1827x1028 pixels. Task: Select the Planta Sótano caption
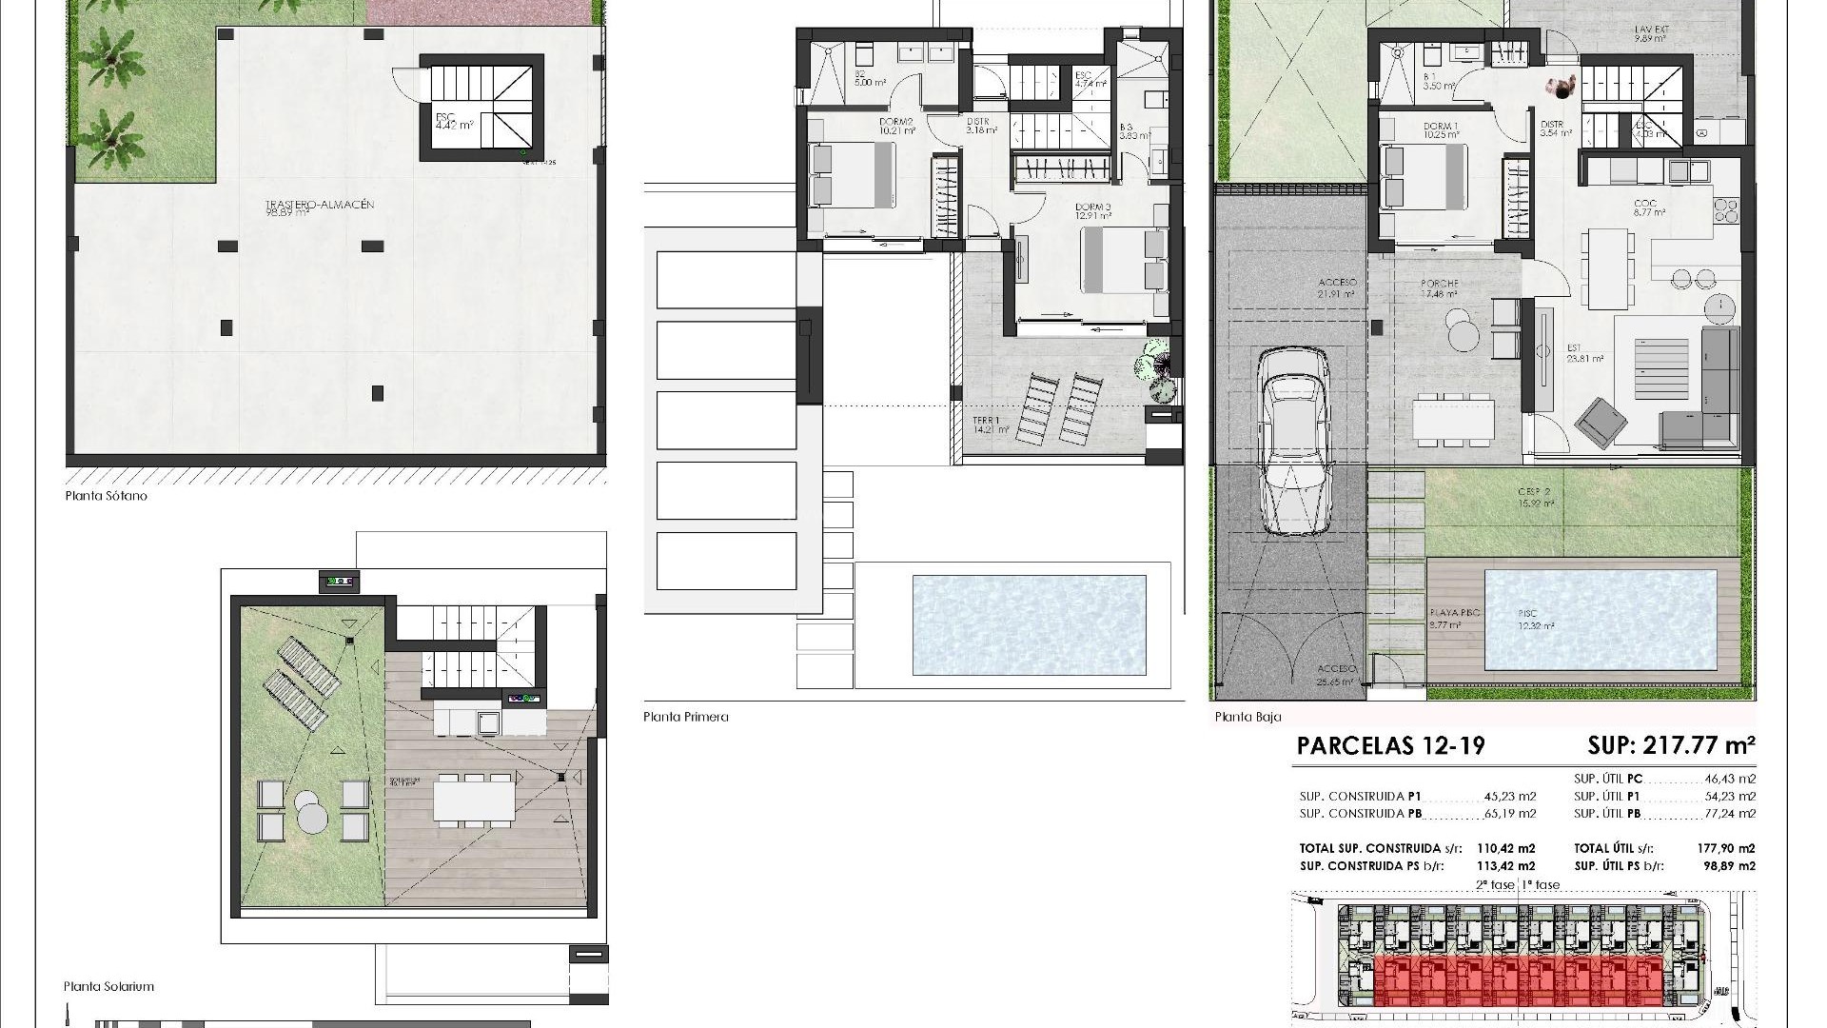click(x=106, y=496)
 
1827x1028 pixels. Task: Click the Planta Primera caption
click(x=685, y=717)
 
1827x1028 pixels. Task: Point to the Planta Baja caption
click(x=1247, y=717)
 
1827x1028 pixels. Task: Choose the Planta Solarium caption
click(x=108, y=986)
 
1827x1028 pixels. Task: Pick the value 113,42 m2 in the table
click(x=1505, y=866)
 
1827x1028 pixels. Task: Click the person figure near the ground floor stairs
click(x=1562, y=89)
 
